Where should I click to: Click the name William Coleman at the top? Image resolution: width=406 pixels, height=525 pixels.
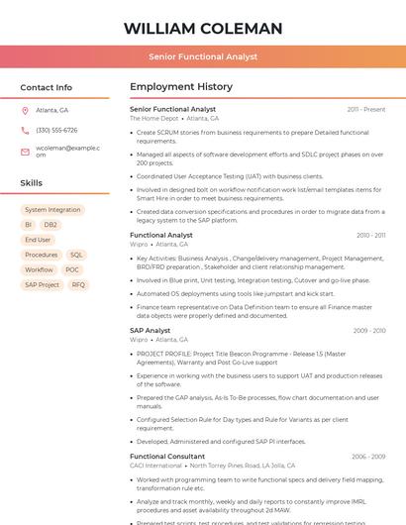point(203,29)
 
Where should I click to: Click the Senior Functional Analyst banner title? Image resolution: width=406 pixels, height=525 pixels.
point(203,57)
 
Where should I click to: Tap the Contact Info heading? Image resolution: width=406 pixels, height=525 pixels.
point(47,87)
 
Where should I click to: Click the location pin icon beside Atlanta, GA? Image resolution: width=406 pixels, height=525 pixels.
point(25,111)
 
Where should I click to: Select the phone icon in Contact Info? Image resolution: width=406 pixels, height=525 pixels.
point(25,131)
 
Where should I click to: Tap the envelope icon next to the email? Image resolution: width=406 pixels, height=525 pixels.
point(25,152)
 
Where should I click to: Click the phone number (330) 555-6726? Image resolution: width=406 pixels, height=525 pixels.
point(56,131)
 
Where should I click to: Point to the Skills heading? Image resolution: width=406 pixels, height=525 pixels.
point(32,183)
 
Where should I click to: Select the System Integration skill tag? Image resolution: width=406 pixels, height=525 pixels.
point(52,210)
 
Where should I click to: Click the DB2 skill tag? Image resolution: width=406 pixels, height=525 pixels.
point(51,225)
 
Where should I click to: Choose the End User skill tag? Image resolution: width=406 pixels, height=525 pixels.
point(38,240)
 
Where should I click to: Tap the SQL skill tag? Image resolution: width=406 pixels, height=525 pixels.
point(76,255)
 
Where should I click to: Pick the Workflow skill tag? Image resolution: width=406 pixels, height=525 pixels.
point(39,269)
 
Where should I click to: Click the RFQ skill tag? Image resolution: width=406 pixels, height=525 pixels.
point(78,284)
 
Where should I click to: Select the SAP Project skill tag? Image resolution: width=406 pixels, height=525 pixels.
point(42,284)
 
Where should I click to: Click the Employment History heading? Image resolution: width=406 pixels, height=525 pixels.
point(181,87)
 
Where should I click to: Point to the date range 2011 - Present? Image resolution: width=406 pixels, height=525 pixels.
point(366,109)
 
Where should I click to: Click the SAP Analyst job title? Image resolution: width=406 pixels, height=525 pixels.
point(151,330)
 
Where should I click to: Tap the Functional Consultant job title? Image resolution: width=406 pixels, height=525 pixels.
point(167,457)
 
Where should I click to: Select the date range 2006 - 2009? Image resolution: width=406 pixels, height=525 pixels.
point(368,457)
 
